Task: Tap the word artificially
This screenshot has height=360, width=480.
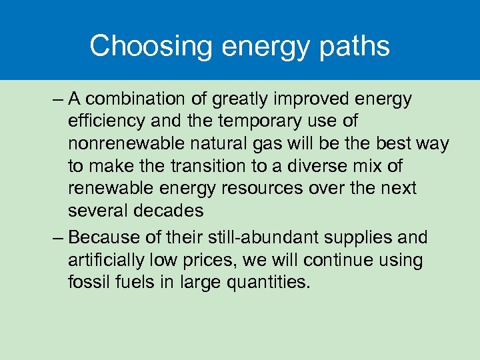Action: (107, 260)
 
